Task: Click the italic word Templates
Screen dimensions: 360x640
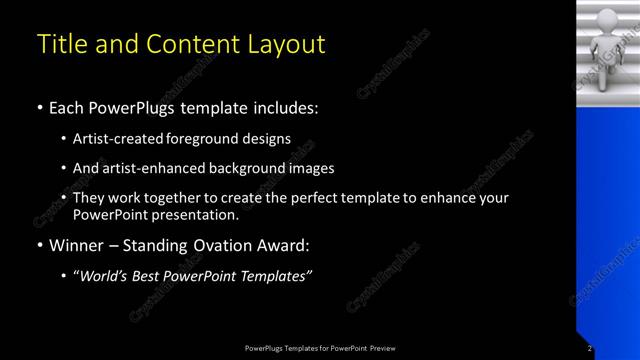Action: (276, 275)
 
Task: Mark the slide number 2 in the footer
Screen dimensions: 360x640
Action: (590, 348)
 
